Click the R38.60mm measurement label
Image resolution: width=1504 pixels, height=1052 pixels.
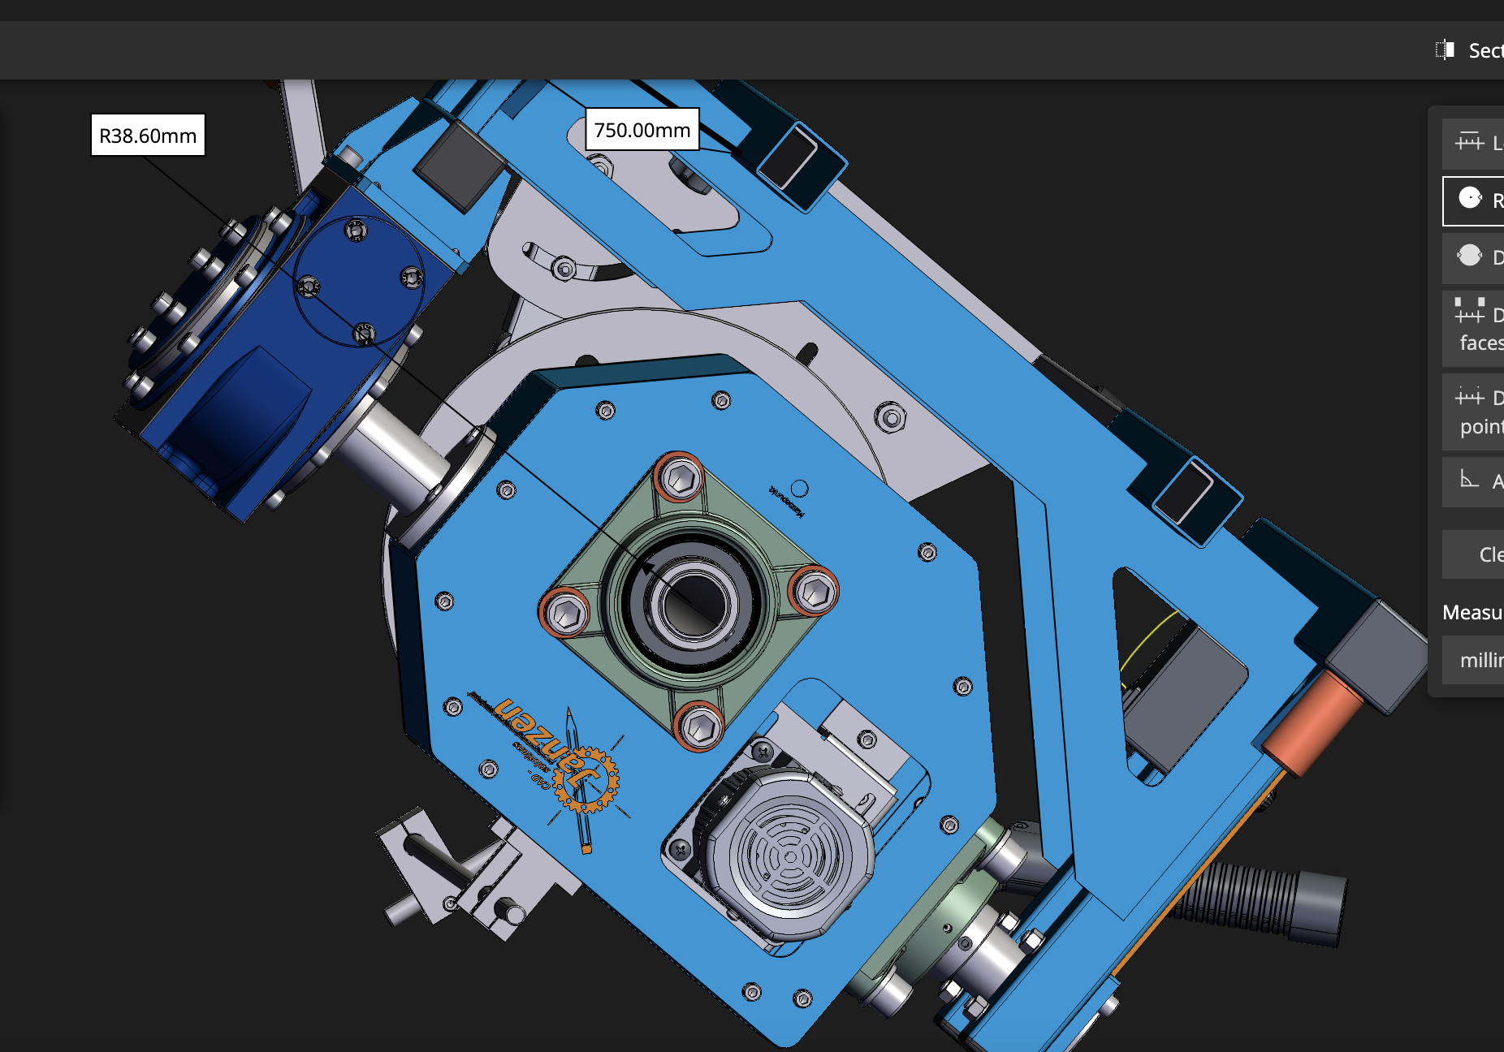pos(148,135)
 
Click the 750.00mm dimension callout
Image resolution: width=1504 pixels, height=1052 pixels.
pos(642,130)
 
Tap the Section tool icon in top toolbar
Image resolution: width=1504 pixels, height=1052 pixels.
pos(1445,50)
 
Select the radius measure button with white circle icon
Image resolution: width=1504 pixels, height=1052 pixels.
pos(1470,199)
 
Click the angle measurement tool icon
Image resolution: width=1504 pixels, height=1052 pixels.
pos(1469,480)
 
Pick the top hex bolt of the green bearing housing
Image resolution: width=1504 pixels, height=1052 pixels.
pos(680,478)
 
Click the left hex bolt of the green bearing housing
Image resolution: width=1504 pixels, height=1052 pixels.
pos(565,614)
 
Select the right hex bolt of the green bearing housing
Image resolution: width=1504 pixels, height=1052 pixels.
pos(815,592)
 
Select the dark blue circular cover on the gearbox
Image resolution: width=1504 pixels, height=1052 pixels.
pos(358,281)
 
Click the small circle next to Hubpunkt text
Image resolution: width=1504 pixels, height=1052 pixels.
pos(799,488)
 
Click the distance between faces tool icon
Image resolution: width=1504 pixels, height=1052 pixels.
pos(1469,313)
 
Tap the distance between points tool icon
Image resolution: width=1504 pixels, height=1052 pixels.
pos(1469,397)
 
